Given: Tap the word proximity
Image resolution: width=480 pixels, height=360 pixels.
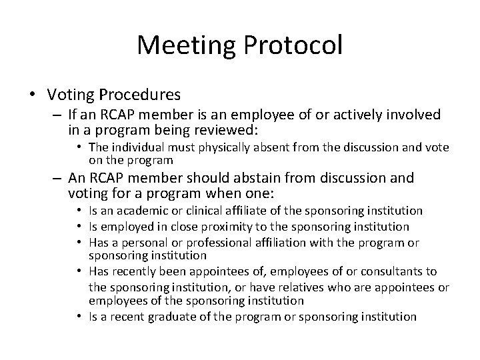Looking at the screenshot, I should click(209, 227).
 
